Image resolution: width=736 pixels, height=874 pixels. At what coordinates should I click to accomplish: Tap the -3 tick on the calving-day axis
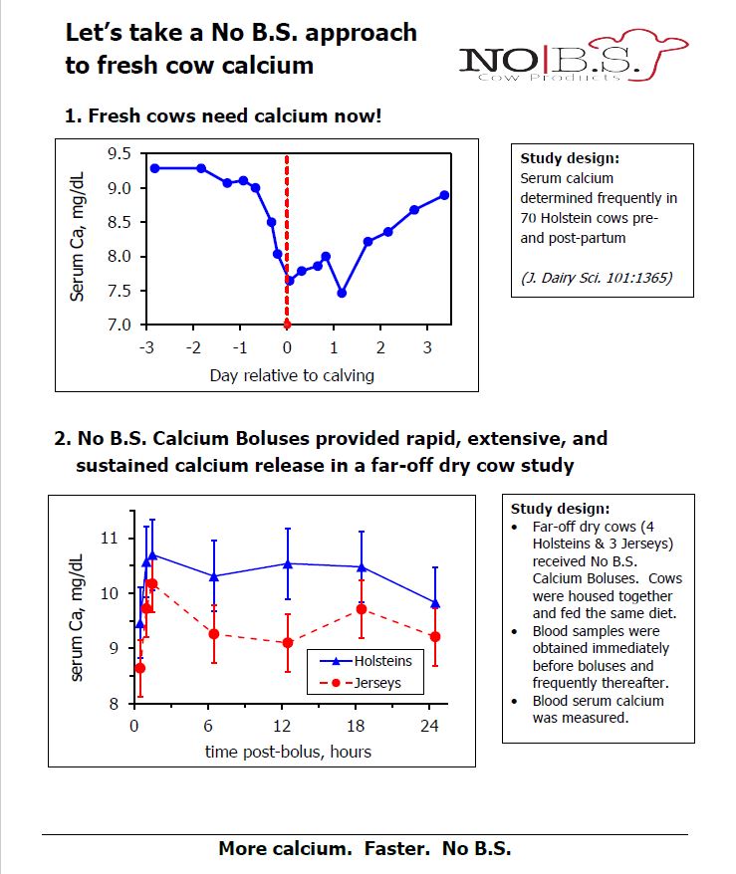tap(146, 347)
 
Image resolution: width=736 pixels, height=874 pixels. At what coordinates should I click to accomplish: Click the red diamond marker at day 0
tap(287, 325)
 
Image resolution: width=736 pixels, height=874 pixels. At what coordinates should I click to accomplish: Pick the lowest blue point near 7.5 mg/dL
tap(342, 293)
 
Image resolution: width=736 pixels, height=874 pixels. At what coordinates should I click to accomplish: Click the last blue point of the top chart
tap(444, 195)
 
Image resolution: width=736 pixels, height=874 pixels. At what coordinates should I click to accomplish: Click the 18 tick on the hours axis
tap(361, 726)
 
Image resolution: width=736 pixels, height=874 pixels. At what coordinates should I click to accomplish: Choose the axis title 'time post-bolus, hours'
tap(288, 752)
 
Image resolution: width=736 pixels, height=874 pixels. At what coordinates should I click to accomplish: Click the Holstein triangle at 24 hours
tap(434, 603)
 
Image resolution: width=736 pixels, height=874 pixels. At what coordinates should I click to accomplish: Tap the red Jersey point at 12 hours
tap(288, 643)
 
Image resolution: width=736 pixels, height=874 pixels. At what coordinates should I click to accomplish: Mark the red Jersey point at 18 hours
tap(362, 608)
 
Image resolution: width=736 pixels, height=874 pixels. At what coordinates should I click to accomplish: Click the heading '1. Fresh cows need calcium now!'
tap(222, 115)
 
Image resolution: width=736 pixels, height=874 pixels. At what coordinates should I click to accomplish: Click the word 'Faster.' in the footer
tap(390, 849)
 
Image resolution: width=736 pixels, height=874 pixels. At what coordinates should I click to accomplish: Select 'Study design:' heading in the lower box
tap(553, 507)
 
